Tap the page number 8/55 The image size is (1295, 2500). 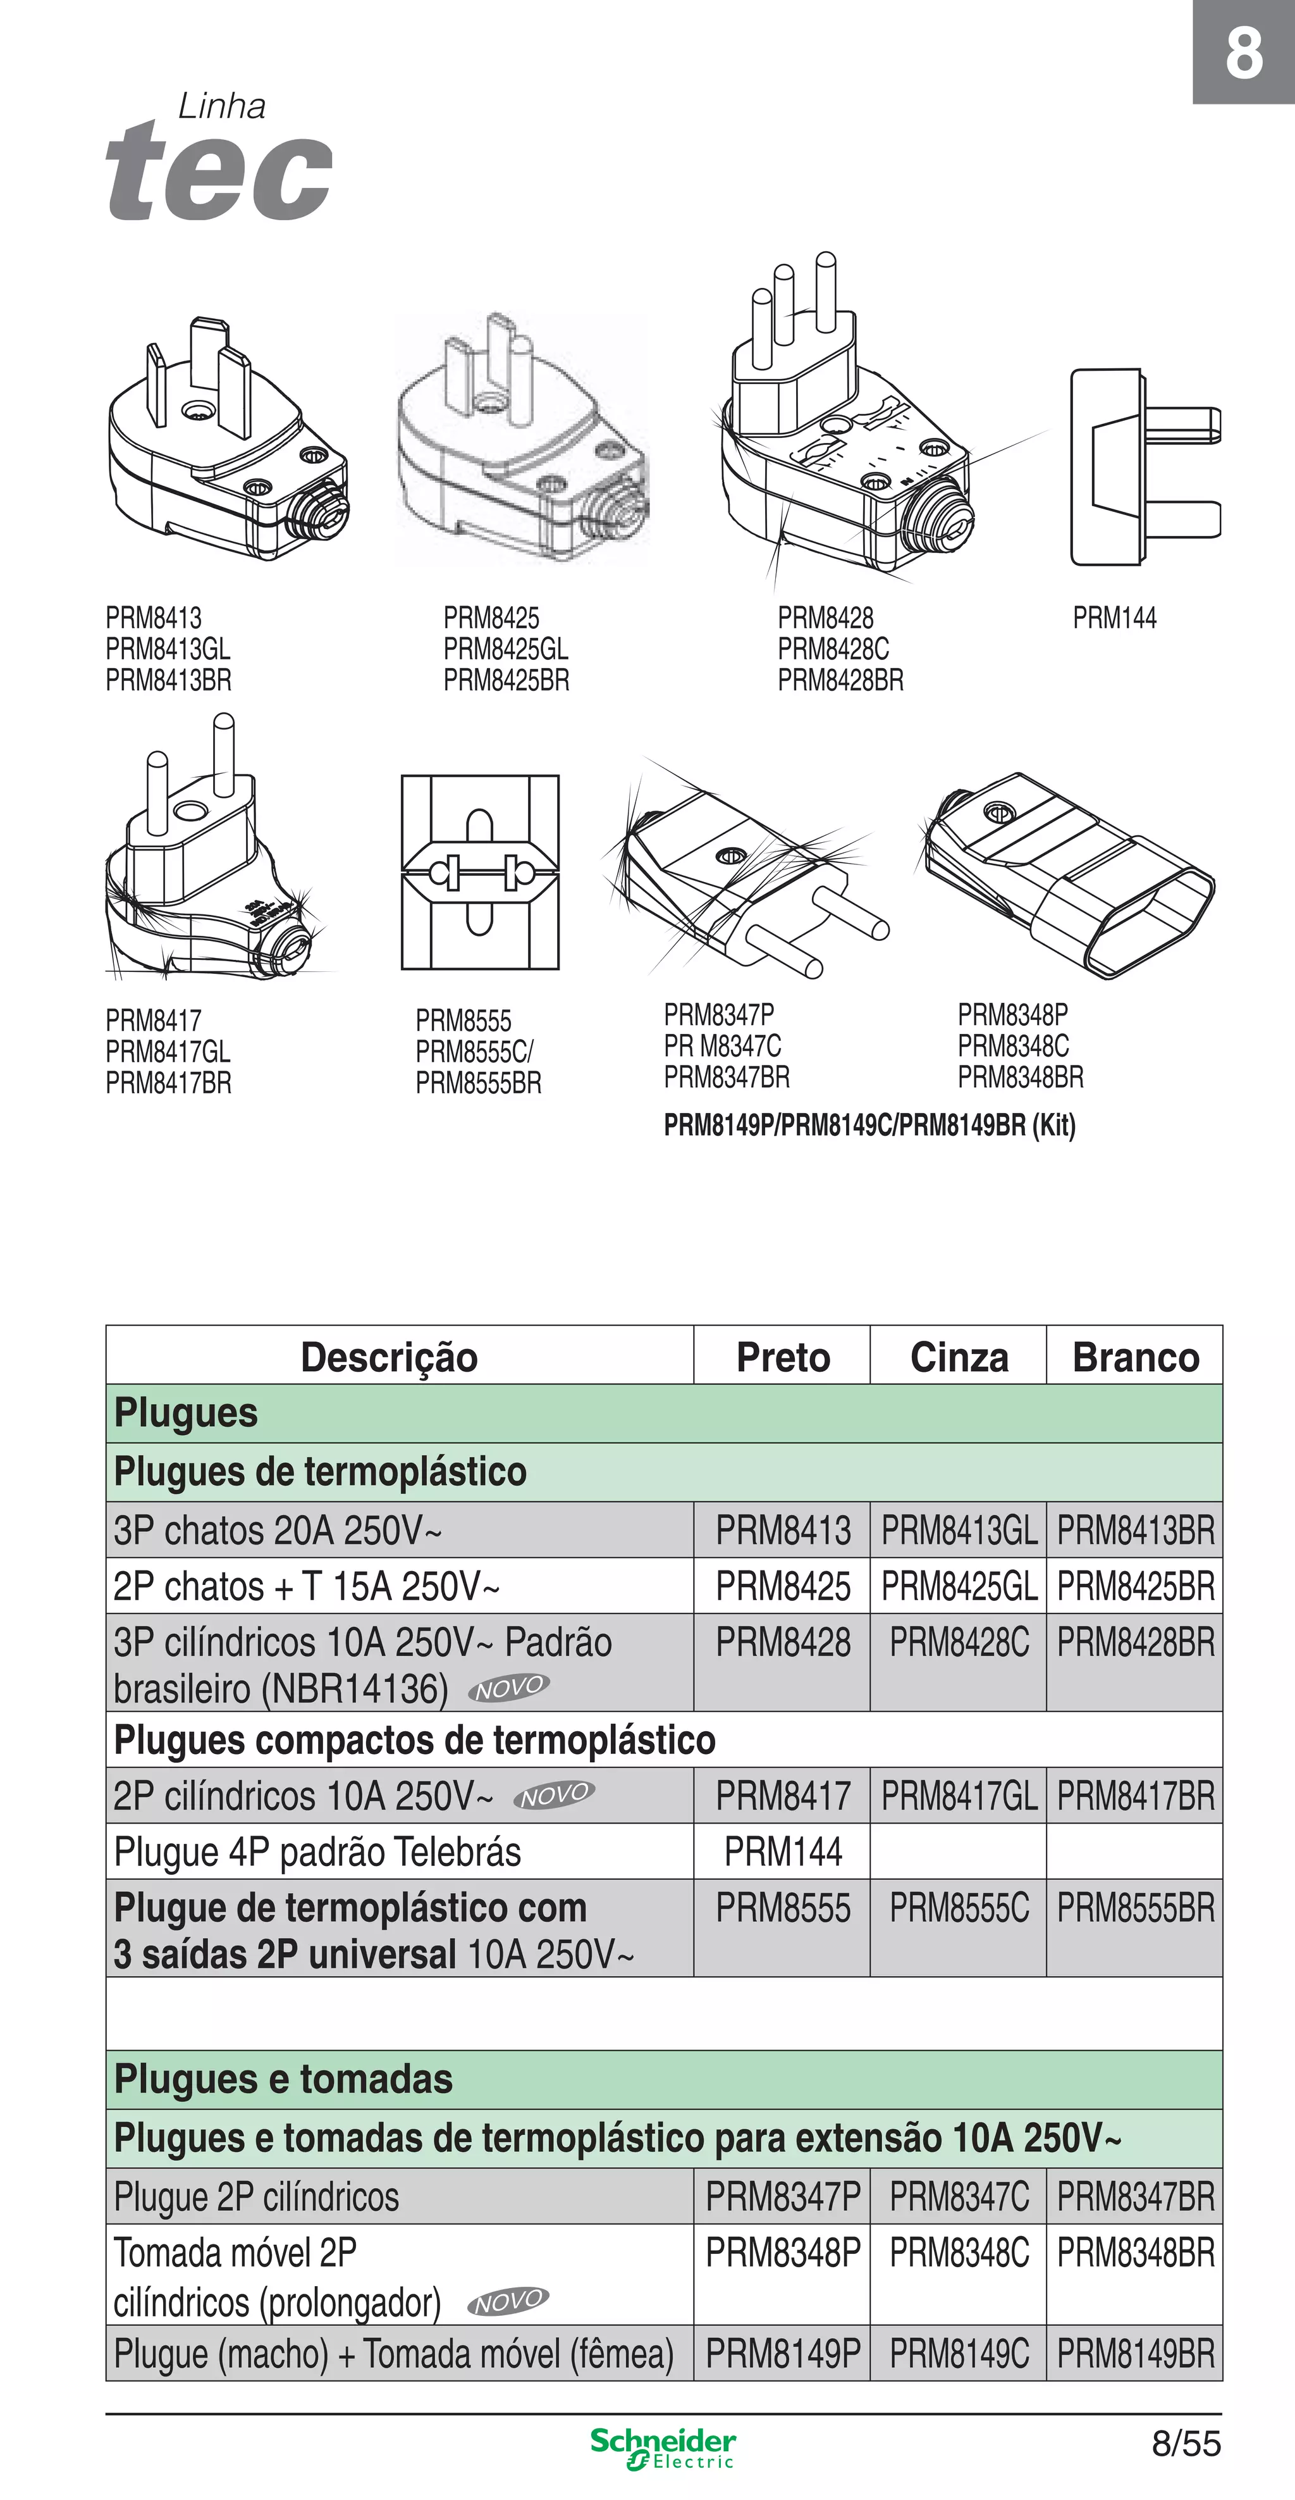click(1186, 2443)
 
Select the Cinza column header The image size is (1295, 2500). click(959, 1357)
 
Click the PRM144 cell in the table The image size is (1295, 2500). click(783, 1851)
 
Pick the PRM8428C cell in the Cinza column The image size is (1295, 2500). click(959, 1642)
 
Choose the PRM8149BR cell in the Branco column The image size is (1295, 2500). click(1135, 2353)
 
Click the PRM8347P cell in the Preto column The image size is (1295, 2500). click(783, 2196)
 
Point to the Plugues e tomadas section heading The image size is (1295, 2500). click(283, 2079)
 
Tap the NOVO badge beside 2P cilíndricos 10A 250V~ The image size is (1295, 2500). click(554, 1795)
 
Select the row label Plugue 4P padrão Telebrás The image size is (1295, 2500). click(317, 1851)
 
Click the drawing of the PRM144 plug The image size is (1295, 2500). click(1145, 467)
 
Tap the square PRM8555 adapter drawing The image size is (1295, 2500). click(480, 871)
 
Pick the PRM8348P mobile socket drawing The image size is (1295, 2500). click(1067, 873)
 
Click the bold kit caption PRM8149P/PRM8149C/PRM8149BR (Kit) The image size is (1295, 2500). click(870, 1126)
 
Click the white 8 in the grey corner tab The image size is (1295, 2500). click(1244, 53)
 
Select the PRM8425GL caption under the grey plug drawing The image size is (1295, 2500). click(505, 649)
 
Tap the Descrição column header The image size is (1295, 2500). click(389, 1357)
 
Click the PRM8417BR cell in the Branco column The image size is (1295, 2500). click(1135, 1795)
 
